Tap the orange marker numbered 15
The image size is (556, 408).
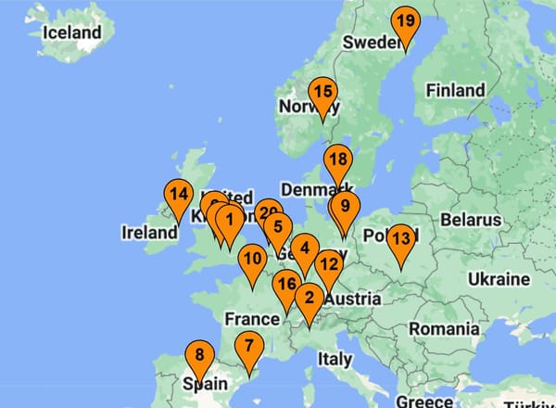coord(322,94)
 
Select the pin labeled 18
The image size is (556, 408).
coord(337,160)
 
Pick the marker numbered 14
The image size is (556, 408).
coord(179,196)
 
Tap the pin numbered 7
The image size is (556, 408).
coord(248,349)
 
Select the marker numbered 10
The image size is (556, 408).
coord(252,261)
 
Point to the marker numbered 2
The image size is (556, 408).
coord(309,300)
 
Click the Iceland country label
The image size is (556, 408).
coord(72,32)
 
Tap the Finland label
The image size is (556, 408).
coord(455,90)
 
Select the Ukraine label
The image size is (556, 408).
coord(499,279)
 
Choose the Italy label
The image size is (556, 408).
coord(335,359)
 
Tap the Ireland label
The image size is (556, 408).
coord(148,233)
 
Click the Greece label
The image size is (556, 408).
coord(424,402)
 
